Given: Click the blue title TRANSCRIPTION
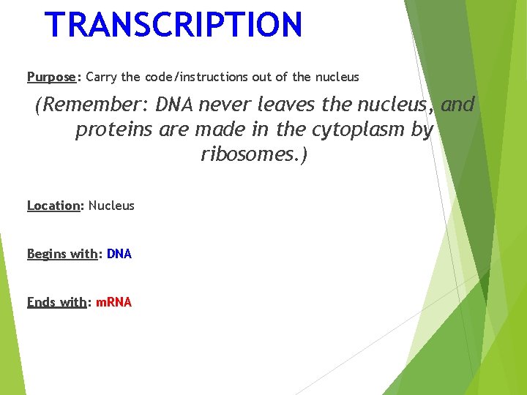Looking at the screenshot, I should coord(173,24).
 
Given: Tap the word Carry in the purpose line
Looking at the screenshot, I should coord(101,77).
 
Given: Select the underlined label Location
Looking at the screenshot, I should coord(53,206).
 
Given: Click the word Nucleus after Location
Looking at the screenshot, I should coord(111,206).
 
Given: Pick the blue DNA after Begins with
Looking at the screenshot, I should coord(119,254).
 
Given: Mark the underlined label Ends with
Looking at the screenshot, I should coord(56,302).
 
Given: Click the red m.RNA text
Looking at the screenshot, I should coord(114,302).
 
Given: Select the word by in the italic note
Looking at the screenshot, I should coord(422,130).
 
